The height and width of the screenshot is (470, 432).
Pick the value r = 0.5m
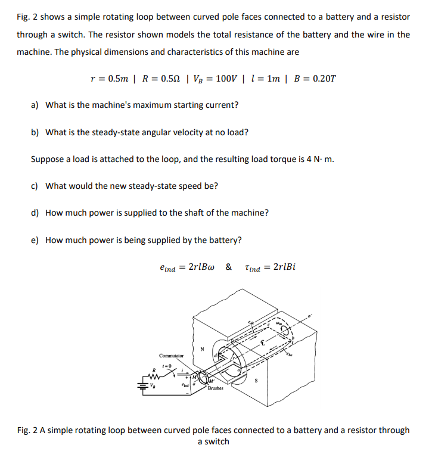coord(109,78)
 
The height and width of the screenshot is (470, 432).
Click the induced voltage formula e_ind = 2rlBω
coord(186,267)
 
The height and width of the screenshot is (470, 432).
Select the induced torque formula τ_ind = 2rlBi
coord(269,267)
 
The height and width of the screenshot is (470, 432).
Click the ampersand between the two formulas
coord(229,267)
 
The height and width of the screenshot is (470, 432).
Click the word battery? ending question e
coord(223,240)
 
